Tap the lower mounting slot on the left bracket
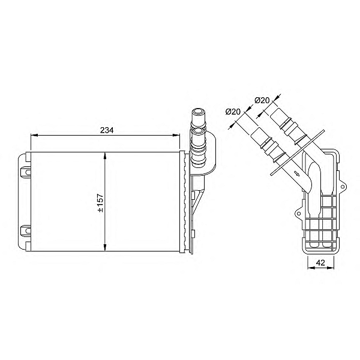pos(26,230)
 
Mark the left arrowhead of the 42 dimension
pos(309,268)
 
